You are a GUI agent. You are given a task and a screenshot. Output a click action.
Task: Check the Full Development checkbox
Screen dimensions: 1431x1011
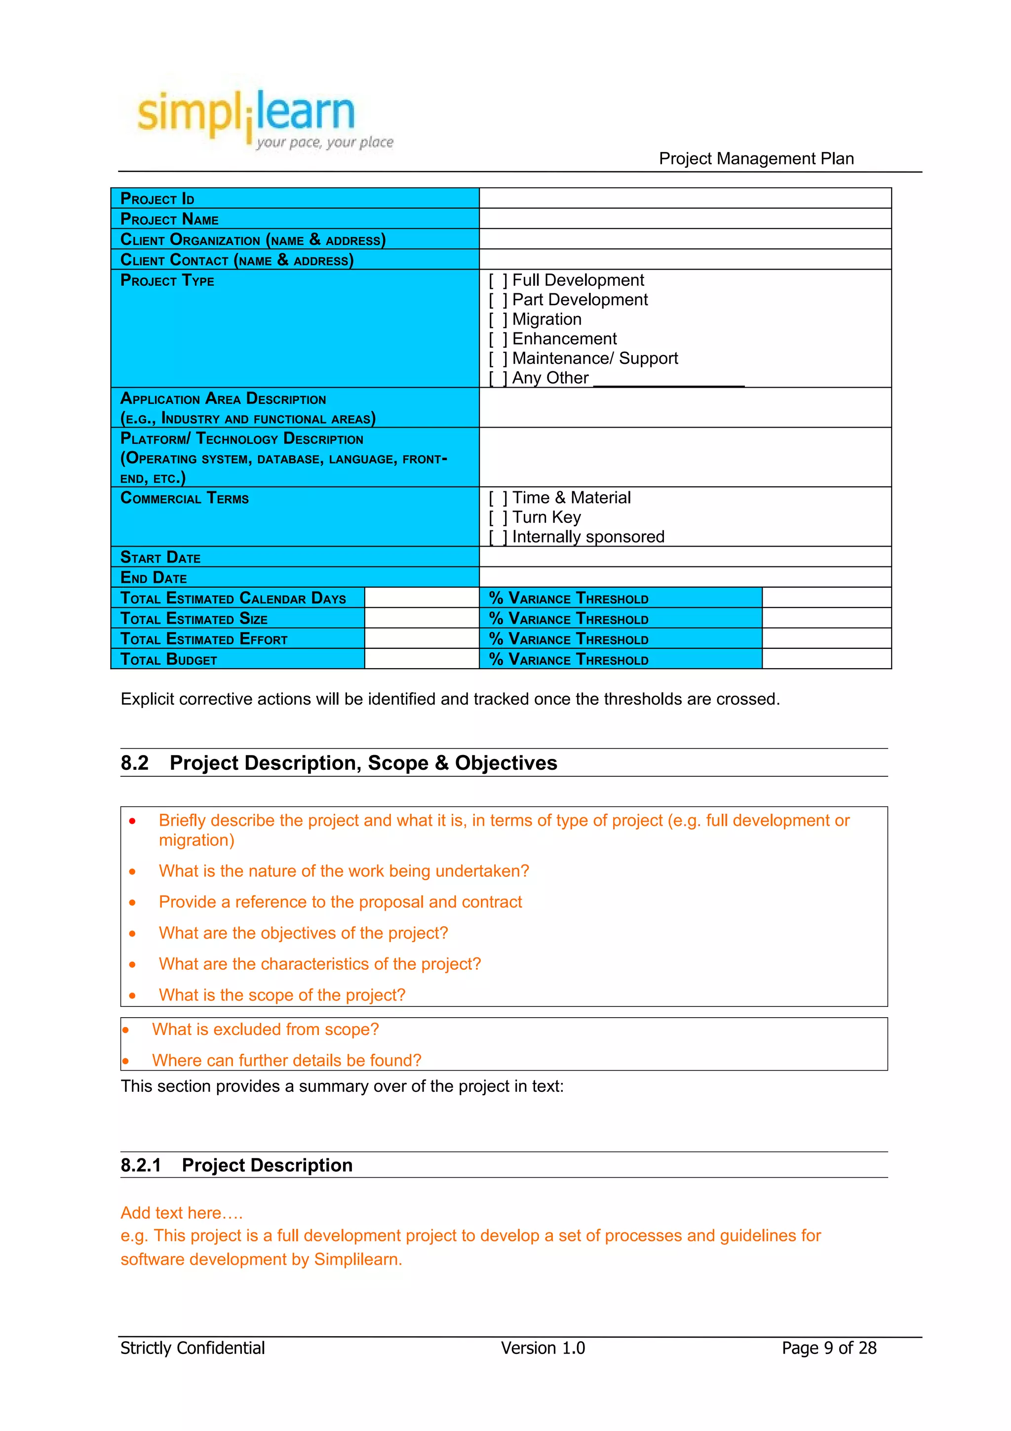[x=497, y=281]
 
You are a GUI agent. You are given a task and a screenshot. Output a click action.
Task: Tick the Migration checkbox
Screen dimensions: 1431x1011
[x=497, y=320]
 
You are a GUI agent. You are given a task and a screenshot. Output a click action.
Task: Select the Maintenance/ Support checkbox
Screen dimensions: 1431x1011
[x=497, y=359]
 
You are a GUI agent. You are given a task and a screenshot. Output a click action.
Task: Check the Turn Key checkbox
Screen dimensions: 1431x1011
[x=497, y=518]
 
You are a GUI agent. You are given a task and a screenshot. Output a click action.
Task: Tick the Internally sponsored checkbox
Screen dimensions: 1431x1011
[x=497, y=537]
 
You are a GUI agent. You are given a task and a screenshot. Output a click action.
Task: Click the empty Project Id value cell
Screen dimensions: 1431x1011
[x=685, y=198]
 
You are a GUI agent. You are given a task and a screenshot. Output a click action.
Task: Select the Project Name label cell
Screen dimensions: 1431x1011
[x=295, y=219]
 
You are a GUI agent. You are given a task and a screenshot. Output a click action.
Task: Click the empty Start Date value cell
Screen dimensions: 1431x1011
[x=685, y=556]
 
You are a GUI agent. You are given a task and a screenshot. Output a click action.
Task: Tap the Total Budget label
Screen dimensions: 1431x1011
[x=169, y=659]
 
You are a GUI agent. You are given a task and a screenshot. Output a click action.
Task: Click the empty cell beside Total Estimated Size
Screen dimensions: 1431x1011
[x=421, y=618]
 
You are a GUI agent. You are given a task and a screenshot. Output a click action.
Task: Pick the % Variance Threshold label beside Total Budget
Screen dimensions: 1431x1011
[x=569, y=659]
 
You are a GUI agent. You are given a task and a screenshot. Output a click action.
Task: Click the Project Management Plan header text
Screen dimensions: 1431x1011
[x=756, y=159]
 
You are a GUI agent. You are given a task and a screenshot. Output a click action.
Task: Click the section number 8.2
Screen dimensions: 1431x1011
[x=135, y=763]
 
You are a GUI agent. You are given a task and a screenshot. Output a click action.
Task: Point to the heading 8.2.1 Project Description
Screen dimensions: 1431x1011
[x=237, y=1165]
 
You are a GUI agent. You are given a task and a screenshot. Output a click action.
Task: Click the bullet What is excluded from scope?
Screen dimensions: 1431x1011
[x=266, y=1030]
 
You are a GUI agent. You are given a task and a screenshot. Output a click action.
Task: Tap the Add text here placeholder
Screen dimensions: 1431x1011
[x=181, y=1213]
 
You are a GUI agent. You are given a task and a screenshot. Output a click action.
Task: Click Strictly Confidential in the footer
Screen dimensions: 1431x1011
[x=193, y=1348]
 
